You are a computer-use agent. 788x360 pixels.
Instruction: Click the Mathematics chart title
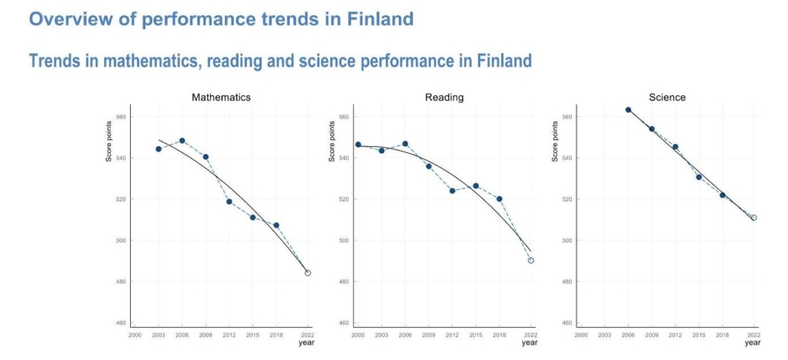pos(221,98)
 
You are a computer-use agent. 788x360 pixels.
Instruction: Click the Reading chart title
pos(444,98)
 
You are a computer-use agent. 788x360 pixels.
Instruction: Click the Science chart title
pos(666,98)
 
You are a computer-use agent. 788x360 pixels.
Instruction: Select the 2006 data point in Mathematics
pos(182,141)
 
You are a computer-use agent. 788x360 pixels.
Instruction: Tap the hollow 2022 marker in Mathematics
pos(308,273)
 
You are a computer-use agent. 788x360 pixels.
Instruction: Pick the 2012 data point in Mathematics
pos(229,202)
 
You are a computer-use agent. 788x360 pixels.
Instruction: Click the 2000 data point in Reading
pos(358,145)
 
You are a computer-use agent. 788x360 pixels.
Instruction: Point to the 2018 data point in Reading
pos(499,198)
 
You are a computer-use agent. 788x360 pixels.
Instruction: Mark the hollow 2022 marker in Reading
pos(531,260)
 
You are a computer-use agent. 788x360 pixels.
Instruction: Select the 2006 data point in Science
pos(628,109)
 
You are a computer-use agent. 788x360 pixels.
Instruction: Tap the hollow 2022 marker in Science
pos(754,218)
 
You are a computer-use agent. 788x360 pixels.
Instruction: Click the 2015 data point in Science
pos(699,177)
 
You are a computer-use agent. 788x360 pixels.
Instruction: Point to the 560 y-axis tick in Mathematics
pos(120,117)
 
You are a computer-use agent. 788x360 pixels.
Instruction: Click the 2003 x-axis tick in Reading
pos(382,335)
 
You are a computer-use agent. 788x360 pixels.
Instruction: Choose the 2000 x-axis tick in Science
pos(581,335)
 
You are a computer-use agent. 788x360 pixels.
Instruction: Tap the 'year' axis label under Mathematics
pos(306,343)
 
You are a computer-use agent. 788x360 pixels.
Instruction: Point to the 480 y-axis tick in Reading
pos(343,282)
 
